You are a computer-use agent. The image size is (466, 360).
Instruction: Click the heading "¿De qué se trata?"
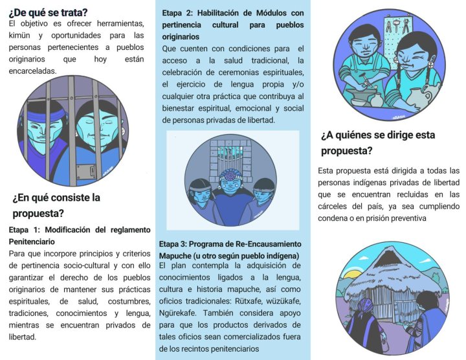point(48,13)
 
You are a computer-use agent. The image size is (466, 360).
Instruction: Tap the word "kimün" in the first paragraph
point(19,36)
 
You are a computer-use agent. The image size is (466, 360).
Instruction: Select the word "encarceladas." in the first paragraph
point(32,71)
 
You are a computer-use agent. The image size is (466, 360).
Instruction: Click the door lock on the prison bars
point(86,172)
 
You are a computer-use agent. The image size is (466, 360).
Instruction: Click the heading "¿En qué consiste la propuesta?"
point(56,205)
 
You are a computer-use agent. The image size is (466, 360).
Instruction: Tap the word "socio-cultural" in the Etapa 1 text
point(87,265)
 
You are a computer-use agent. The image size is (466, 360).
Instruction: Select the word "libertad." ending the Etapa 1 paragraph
point(22,337)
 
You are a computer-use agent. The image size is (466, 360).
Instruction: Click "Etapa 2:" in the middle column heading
point(177,13)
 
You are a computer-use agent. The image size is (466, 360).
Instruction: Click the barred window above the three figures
point(231,157)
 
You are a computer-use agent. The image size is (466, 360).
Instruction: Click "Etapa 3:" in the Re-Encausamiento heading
point(173,244)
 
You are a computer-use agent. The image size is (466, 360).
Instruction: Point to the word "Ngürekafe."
point(179,313)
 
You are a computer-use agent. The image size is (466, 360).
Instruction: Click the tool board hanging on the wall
point(398,34)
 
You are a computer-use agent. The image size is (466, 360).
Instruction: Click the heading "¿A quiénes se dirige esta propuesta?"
point(378,142)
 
